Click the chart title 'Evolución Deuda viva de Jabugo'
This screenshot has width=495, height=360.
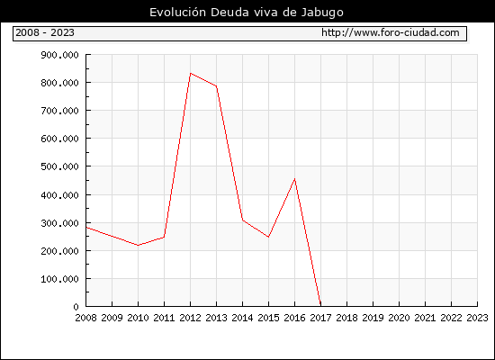[247, 13]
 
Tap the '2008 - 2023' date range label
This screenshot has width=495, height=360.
[45, 32]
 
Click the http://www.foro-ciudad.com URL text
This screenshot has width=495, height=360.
[391, 32]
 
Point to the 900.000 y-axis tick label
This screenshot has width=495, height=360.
[59, 55]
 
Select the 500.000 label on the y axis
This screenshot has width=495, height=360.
[59, 166]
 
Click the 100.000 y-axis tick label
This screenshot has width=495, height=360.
[59, 279]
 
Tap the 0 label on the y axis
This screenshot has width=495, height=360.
[76, 307]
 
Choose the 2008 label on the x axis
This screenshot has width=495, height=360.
[85, 318]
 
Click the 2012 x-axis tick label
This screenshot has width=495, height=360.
[191, 318]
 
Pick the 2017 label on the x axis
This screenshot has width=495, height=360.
[320, 318]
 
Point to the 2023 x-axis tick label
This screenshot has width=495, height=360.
[477, 318]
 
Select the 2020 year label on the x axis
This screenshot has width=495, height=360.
[399, 318]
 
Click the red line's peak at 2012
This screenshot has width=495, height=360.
[191, 73]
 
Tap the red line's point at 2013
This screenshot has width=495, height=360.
[217, 85]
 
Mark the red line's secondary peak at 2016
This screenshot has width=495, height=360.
[295, 179]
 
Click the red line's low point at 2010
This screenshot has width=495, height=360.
[138, 246]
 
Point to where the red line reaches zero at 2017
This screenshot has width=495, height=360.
[320, 306]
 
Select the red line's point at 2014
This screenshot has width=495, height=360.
[242, 220]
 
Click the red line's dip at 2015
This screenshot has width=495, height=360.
[269, 237]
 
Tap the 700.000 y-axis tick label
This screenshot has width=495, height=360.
[59, 111]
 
